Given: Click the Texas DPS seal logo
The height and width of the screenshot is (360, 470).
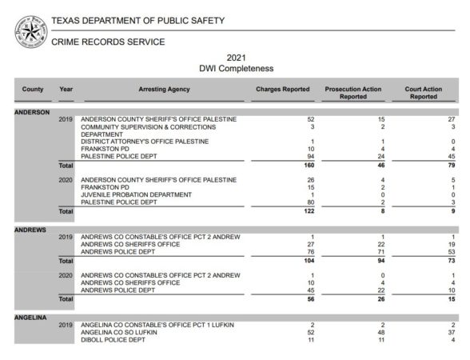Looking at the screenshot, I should pos(30,31).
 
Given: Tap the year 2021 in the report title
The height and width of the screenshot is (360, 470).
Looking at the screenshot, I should pos(236,58).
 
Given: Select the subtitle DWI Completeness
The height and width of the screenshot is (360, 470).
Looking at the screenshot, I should pos(236,69).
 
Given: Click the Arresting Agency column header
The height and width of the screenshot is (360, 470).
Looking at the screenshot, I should pos(164,89).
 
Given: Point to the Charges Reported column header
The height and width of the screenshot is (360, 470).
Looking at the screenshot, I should pos(282,89).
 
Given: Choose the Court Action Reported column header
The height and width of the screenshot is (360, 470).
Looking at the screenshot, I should pos(423,93).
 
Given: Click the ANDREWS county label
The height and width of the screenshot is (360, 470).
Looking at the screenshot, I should pos(30,230).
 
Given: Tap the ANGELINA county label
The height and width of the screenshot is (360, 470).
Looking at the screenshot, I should pos(31,318).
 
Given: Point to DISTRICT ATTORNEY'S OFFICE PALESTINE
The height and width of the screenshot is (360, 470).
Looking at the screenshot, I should pos(145,142).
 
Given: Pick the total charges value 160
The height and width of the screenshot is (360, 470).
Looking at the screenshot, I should pos(287,165).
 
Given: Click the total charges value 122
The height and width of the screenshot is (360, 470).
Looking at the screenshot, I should pos(287,211).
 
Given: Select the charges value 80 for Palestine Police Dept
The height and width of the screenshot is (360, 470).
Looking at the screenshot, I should pos(288,202).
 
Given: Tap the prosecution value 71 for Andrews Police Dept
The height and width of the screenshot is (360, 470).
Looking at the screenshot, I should pos(360,252).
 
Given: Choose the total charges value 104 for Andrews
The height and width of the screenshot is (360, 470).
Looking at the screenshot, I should pos(287,261).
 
